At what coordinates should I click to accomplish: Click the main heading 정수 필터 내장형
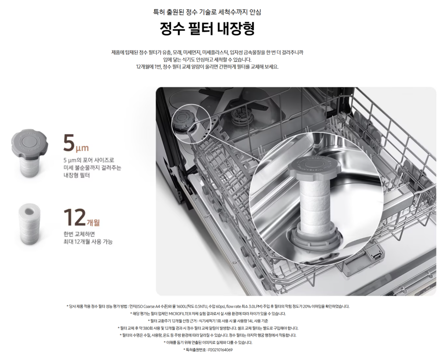[207, 28]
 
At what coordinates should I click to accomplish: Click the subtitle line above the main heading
[207, 12]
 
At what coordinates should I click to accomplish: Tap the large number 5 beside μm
[69, 143]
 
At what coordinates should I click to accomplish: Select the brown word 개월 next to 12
[93, 222]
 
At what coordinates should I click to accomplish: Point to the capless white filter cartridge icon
[29, 224]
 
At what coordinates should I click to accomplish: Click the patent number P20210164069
[220, 350]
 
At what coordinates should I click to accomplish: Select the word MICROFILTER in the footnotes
[180, 314]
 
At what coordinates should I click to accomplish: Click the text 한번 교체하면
[79, 234]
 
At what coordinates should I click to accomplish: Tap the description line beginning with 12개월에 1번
[207, 67]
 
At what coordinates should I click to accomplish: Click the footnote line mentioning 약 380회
[208, 328]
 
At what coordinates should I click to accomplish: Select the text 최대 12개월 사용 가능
[88, 241]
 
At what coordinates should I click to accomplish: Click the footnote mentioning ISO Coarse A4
[208, 306]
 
